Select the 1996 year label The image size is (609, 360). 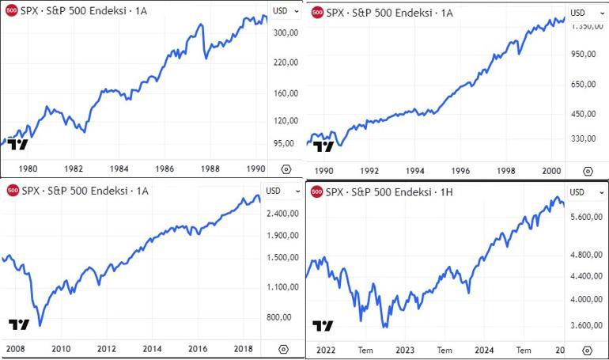click(460, 169)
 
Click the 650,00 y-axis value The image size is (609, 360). click(581, 85)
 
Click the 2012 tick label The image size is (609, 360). click(107, 348)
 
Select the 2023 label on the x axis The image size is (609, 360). click(405, 349)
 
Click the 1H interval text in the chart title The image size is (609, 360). click(448, 191)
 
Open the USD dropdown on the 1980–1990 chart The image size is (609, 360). click(285, 12)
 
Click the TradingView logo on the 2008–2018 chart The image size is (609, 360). click(18, 324)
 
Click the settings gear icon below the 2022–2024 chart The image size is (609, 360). click(588, 349)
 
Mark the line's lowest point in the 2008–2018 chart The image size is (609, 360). click(40, 325)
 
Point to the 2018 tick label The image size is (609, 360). click(242, 348)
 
